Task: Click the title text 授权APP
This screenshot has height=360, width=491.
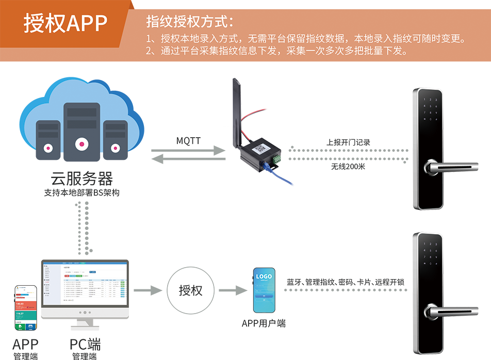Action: coord(66,23)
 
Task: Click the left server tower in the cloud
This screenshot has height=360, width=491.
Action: coord(48,136)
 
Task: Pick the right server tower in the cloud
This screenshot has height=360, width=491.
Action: coord(115,136)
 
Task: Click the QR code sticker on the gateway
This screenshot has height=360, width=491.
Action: coord(262,148)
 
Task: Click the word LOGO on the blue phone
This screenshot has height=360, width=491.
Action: coord(264,277)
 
